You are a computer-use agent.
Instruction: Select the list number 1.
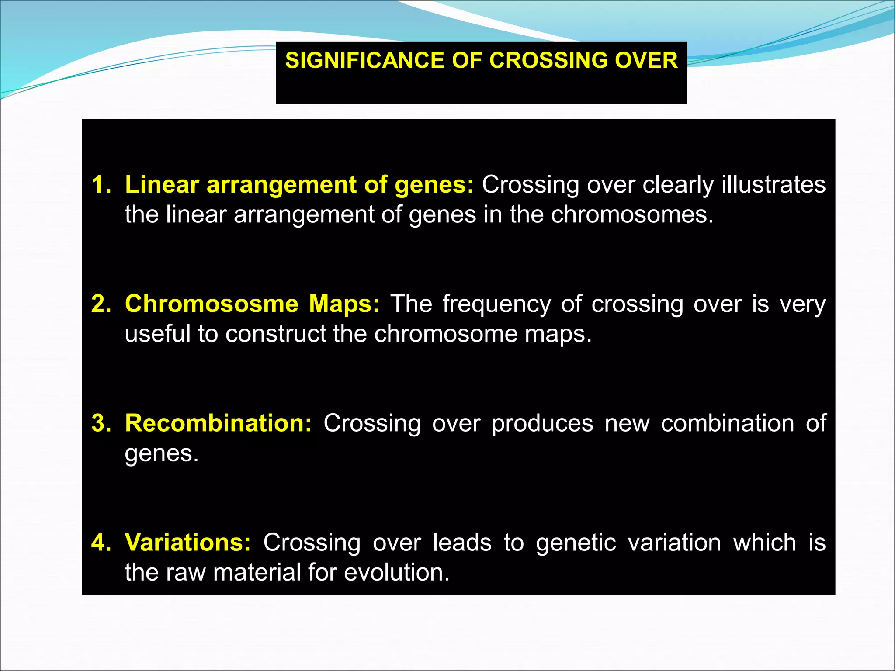tap(100, 185)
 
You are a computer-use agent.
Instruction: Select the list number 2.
tap(100, 304)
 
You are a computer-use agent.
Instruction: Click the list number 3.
tap(100, 423)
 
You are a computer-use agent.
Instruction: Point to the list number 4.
tap(100, 543)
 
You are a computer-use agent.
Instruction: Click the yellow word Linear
tap(162, 185)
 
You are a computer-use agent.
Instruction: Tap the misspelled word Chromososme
tap(212, 304)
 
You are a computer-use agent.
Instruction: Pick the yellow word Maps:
tap(344, 304)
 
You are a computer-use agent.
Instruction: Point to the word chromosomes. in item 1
tap(632, 215)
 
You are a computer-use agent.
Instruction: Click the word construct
tap(276, 334)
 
